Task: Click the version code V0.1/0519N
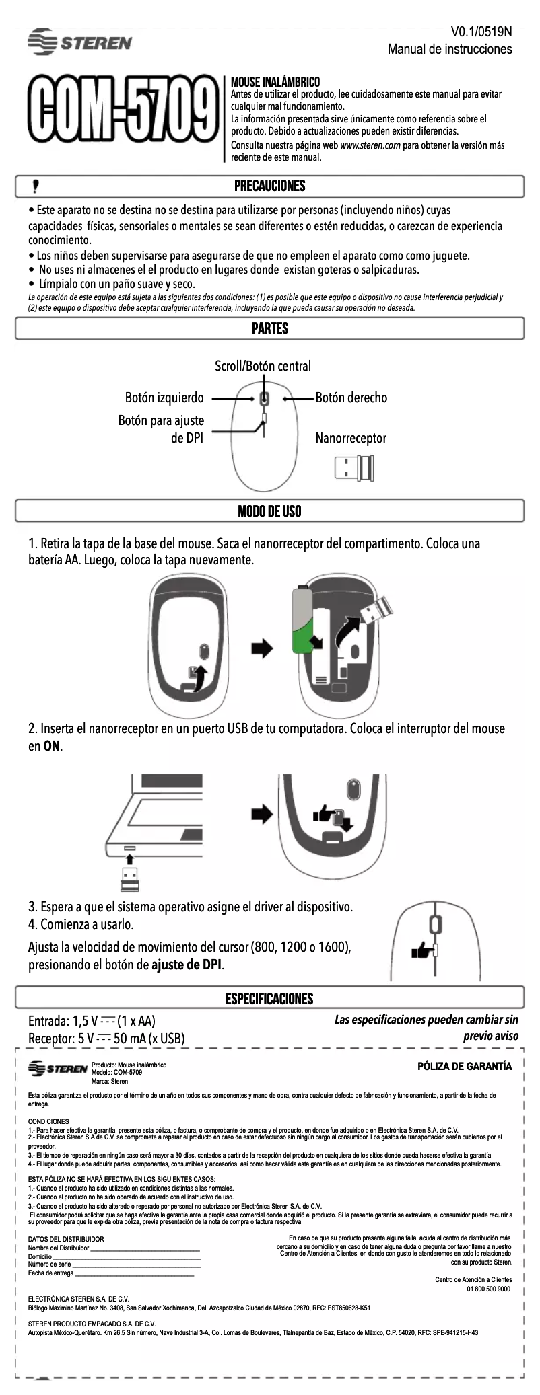coord(481,32)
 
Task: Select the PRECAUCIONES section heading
coord(269,186)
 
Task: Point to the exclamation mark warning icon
coord(36,186)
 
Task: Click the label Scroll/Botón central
coord(263,366)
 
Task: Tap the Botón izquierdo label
coord(164,398)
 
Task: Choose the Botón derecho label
coord(351,398)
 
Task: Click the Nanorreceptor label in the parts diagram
coord(351,438)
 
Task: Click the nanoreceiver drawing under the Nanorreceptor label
coord(354,468)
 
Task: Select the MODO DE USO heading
coord(269,511)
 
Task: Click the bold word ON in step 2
coord(52,746)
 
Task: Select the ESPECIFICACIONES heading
coord(269,999)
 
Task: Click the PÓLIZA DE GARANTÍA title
coord(465,1066)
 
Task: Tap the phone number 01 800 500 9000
coord(489,1289)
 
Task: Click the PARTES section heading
coord(269,328)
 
